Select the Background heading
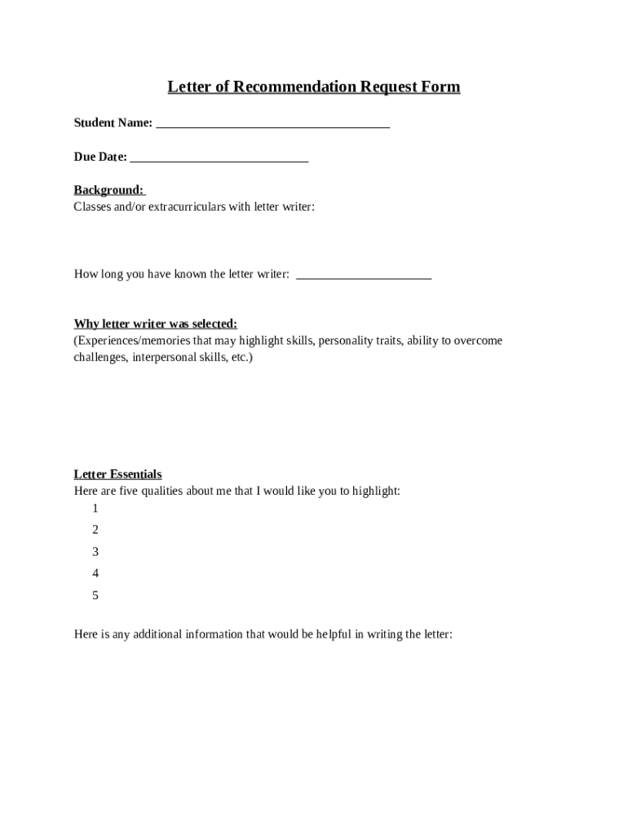coord(108,190)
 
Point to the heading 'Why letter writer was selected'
coord(156,323)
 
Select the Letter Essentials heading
coord(118,474)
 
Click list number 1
coord(95,508)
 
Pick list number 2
coord(95,530)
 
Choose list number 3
coord(95,552)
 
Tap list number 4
coord(95,573)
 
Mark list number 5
coord(95,595)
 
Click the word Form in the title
coord(440,87)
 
